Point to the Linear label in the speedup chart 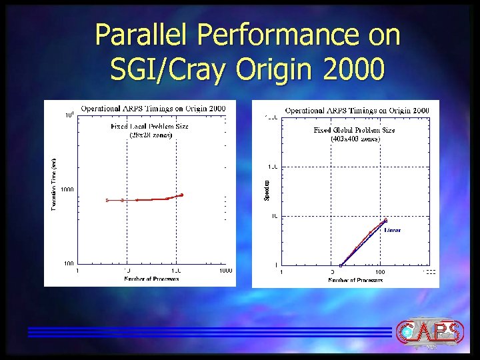(393, 229)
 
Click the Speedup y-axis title (267, 190)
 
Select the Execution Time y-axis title (54, 183)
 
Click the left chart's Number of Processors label (151, 279)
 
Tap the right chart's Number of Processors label (355, 280)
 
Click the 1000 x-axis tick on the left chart (225, 271)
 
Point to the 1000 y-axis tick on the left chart (67, 189)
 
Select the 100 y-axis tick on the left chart (69, 264)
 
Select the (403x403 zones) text (355, 139)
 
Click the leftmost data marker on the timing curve (107, 200)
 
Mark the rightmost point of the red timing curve (181, 195)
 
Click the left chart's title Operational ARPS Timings (153, 108)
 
